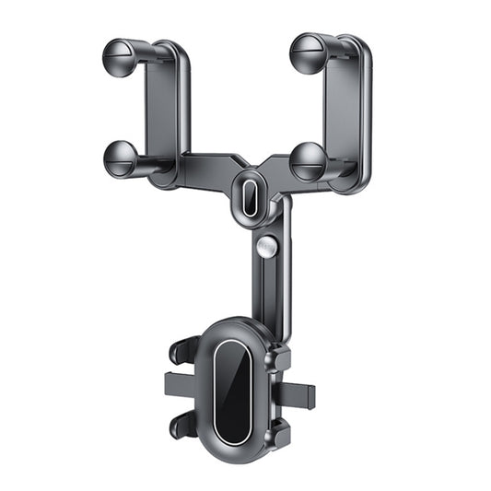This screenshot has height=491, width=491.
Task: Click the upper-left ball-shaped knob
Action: pyautogui.click(x=120, y=57)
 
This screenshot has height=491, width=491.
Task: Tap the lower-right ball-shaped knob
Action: pyautogui.click(x=309, y=161)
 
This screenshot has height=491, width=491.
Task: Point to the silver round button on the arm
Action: pyautogui.click(x=267, y=247)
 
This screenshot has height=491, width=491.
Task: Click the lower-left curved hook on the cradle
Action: pyautogui.click(x=184, y=423)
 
